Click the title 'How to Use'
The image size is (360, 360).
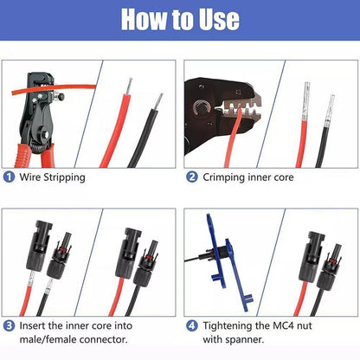pyautogui.click(x=180, y=19)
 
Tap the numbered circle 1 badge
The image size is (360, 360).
pyautogui.click(x=9, y=177)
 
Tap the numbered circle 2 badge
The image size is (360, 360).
pyautogui.click(x=192, y=177)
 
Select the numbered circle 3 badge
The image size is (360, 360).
pyautogui.click(x=9, y=327)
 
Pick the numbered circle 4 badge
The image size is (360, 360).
pyautogui.click(x=192, y=327)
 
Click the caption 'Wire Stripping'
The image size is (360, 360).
pyautogui.click(x=55, y=177)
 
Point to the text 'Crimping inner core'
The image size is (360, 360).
pyautogui.click(x=249, y=177)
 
